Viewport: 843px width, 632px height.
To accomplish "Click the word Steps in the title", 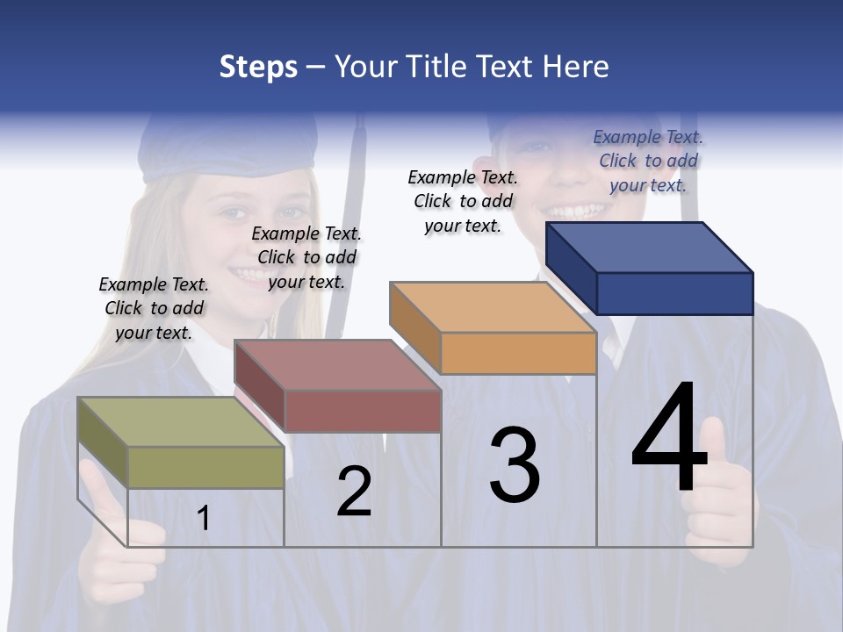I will click(258, 67).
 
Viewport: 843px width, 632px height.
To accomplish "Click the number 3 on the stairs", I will click(515, 465).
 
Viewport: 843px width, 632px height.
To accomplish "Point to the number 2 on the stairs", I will click(354, 492).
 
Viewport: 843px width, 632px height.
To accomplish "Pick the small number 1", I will click(204, 518).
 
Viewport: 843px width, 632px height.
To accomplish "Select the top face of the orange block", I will click(492, 307).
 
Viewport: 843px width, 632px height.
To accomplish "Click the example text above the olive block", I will click(154, 308).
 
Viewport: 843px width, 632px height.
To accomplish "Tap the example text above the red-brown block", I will click(306, 257).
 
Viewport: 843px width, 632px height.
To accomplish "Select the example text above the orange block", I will click(463, 201).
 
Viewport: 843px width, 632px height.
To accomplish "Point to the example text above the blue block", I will click(648, 161).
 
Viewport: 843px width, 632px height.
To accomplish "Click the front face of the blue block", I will click(674, 293).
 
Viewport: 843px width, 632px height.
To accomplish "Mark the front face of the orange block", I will click(518, 354).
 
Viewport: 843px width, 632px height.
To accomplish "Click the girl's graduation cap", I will click(227, 149).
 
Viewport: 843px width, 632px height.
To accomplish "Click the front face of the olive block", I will click(205, 467).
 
